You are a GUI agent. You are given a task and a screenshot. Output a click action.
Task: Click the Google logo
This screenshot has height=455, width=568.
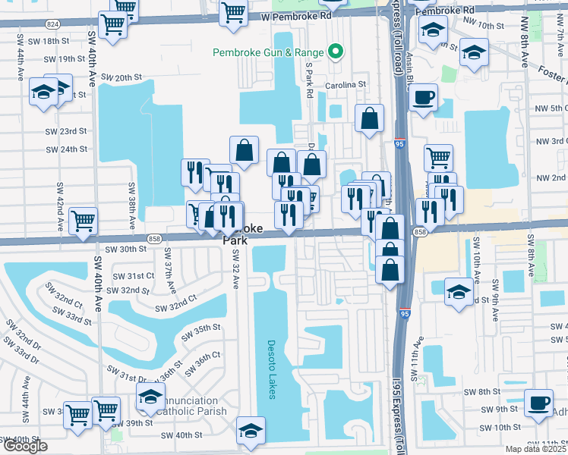point(25,446)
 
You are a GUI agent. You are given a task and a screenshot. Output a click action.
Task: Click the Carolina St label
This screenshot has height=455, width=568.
point(346,85)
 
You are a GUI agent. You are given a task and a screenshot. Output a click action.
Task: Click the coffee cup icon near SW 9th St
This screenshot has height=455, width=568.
point(540,402)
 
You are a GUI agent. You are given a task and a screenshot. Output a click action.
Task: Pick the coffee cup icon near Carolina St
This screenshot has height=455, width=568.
point(424,96)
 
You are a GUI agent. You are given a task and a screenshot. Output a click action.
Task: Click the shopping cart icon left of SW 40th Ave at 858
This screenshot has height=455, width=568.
point(84,221)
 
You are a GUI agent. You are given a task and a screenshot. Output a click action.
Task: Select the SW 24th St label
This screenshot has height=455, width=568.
point(65,149)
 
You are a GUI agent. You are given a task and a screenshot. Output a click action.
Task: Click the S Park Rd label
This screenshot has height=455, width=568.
point(310,80)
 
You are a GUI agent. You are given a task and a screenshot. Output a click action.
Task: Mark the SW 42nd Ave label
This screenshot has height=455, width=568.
point(59,206)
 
